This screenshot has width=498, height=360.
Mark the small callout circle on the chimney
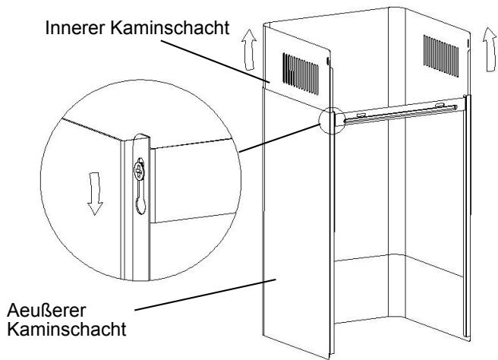(333, 119)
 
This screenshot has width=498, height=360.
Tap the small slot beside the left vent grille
(327, 60)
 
